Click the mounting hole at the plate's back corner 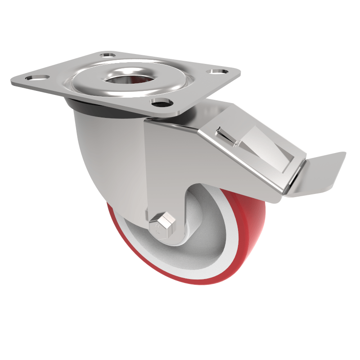pos(107,55)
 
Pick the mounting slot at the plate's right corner pos(217,71)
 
